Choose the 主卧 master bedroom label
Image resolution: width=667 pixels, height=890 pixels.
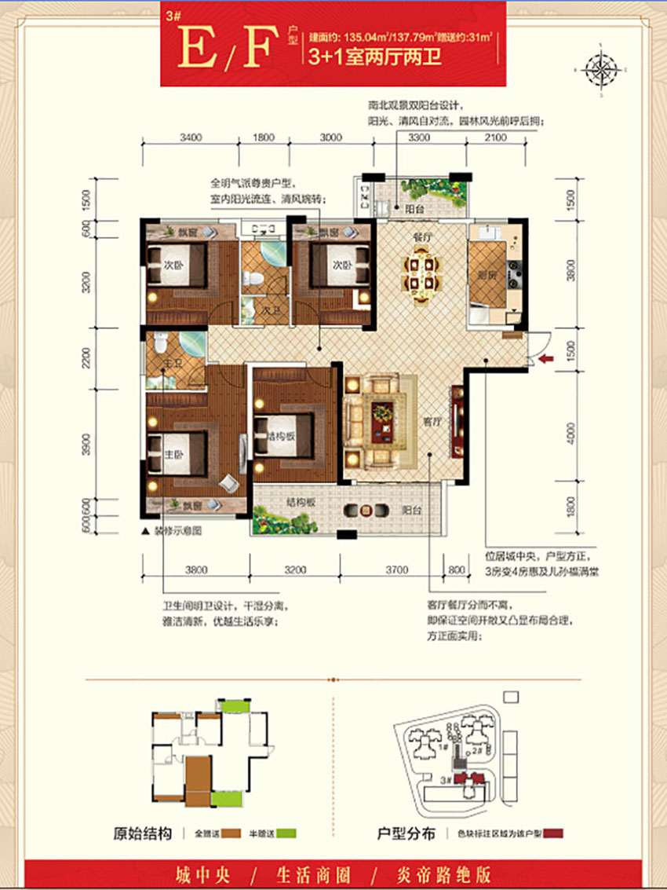tap(173, 453)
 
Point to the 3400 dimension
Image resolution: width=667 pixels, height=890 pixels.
tap(191, 137)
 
